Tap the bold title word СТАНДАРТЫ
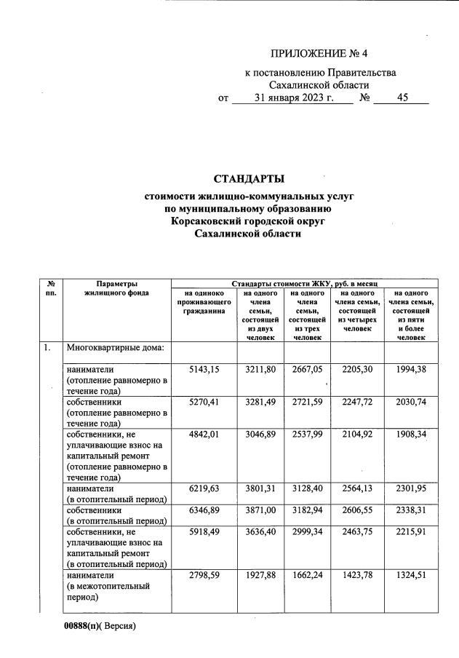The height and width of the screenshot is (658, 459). point(249,179)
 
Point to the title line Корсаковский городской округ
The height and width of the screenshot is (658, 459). point(248,221)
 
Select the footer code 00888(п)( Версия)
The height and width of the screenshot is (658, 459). point(100,626)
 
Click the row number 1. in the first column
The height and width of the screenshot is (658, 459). point(46,348)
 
